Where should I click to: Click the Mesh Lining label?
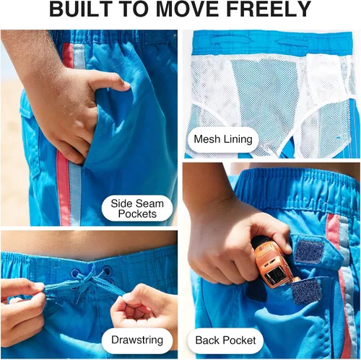coord(223,139)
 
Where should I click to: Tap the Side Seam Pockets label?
coord(137,208)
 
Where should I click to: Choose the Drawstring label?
coord(137,340)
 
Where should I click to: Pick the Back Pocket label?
coord(225,341)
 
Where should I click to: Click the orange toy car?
coord(273,265)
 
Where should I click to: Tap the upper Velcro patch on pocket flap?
coord(309,251)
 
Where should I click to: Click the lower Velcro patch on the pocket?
coord(305,291)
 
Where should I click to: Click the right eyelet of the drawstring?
coord(107,271)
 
